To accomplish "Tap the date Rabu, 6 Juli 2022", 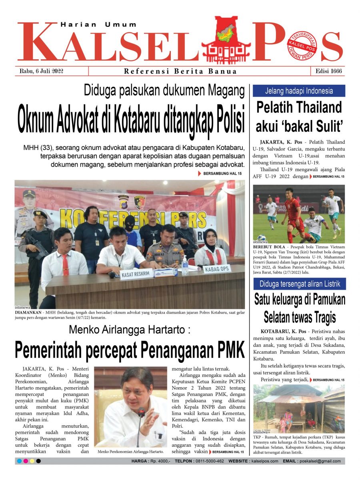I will pos(41,72).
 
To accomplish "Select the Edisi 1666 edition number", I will pos(327,72).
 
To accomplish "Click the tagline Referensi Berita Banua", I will pos(180,72).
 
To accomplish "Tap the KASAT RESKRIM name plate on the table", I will pos(136,275).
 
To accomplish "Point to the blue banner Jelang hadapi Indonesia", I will pos(299,91).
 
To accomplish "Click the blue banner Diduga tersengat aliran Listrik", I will pos(299,284).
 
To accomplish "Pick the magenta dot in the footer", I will pos(26,461).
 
